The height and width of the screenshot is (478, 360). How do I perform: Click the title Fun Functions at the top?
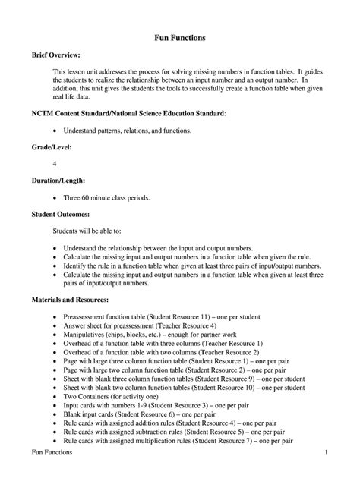click(x=180, y=37)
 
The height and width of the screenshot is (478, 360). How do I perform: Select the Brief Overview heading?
click(x=55, y=56)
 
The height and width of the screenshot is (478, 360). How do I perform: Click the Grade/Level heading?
click(x=52, y=146)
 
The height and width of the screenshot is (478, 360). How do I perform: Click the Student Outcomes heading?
click(x=60, y=215)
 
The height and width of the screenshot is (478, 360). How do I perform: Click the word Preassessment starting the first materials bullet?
click(x=89, y=314)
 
